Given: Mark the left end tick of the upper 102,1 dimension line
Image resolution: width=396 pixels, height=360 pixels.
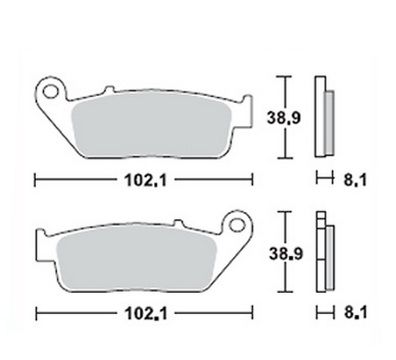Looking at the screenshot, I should [36, 182].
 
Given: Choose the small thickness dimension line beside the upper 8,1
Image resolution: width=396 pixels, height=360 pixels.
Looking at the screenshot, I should [321, 182].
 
